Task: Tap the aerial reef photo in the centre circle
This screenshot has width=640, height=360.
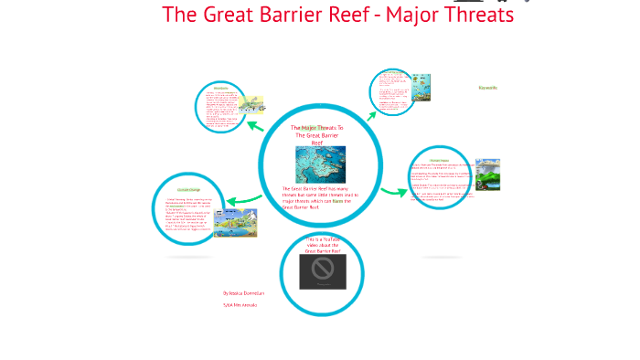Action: point(320,164)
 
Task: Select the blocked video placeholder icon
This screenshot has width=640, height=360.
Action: point(322,270)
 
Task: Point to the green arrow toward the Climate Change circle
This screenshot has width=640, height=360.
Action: point(243,200)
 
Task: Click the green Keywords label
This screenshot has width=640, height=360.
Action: point(487,88)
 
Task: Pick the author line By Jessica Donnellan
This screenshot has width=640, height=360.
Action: point(243,293)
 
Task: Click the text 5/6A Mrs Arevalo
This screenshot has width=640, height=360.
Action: point(240,305)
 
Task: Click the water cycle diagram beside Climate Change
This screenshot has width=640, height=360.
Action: point(235,222)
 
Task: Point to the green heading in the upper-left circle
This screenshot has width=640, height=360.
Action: point(220,89)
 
